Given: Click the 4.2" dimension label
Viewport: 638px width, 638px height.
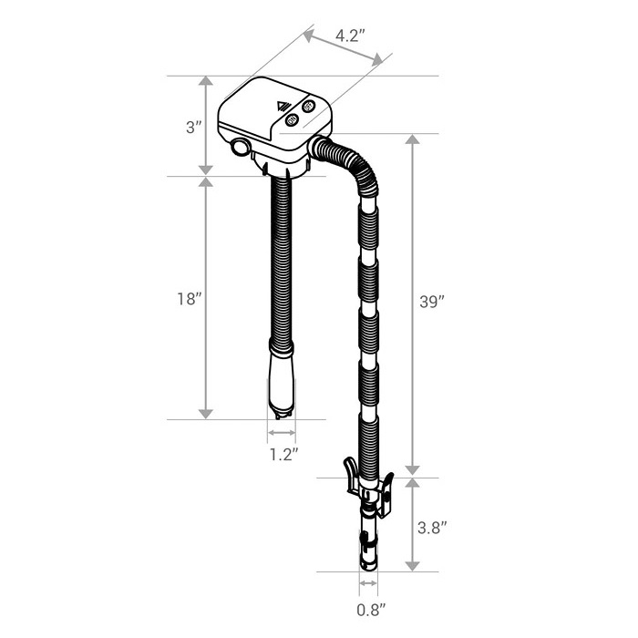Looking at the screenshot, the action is (348, 36).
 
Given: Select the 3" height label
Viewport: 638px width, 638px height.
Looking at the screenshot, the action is (193, 128).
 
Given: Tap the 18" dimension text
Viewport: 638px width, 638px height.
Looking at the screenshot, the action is (190, 299).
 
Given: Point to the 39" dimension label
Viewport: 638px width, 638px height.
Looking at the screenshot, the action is (432, 302).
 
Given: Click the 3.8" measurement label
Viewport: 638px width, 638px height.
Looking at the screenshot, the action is (432, 528).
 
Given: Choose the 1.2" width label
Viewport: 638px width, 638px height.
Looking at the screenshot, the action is (284, 454).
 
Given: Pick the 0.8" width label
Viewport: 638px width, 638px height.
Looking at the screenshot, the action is (371, 610).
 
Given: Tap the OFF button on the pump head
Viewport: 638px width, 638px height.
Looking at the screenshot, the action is (308, 107).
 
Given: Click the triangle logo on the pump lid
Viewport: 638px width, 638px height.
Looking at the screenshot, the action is (282, 107).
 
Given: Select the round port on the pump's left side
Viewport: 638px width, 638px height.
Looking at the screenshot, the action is (240, 147).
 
